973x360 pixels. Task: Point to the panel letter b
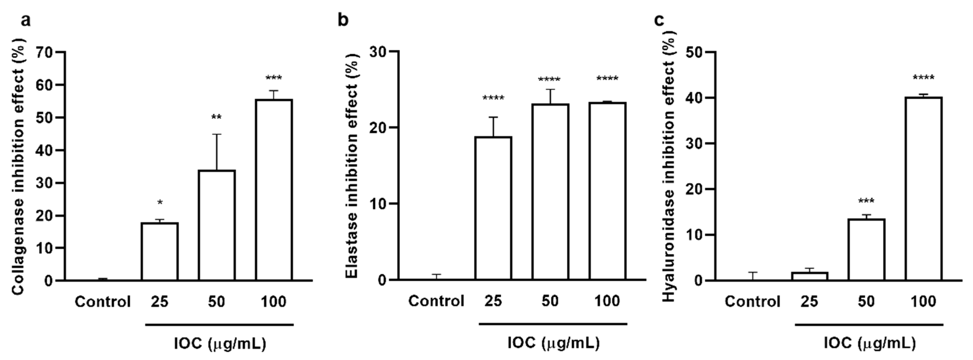point(343,20)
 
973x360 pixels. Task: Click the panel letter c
point(659,20)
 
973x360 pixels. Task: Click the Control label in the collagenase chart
point(102,302)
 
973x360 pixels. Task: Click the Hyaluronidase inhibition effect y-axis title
point(669,165)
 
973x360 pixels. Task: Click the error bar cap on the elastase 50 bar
point(550,90)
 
